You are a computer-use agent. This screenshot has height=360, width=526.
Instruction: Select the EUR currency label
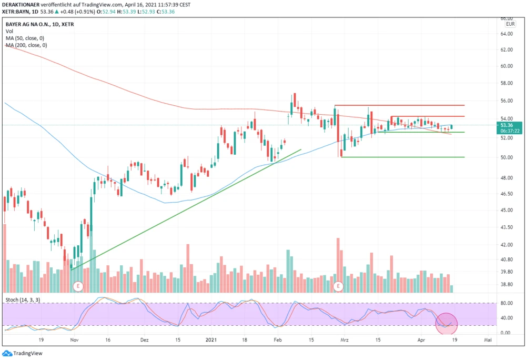point(510,24)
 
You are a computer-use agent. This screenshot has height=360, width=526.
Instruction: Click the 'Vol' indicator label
point(9,32)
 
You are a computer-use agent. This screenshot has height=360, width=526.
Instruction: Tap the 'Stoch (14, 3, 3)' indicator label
point(22,299)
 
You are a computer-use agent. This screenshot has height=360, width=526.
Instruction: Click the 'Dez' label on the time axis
point(145,341)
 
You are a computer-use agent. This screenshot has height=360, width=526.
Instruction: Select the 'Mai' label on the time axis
point(488,341)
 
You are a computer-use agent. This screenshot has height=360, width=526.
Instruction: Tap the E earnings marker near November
point(78,286)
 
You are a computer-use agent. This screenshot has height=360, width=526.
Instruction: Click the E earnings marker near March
point(338,286)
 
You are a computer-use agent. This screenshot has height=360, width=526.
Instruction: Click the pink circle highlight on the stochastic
point(447,324)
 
